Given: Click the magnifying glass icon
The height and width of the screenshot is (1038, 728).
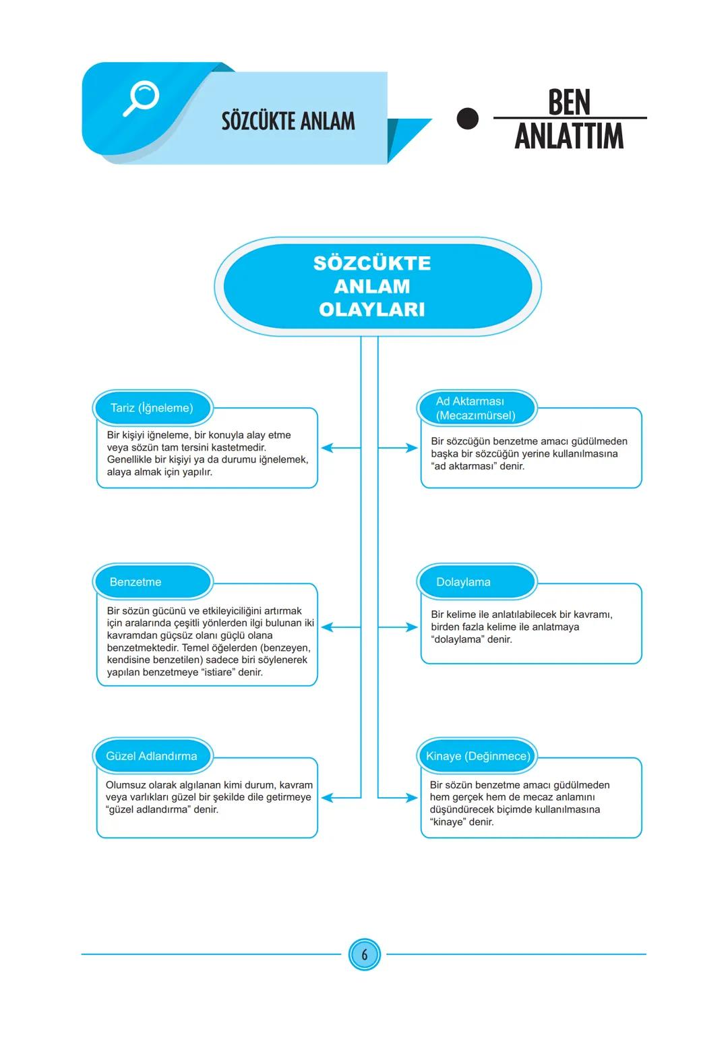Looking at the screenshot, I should click(x=142, y=98).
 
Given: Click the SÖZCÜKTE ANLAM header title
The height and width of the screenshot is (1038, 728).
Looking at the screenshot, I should click(x=288, y=121).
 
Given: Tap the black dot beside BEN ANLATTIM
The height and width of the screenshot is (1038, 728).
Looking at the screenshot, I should click(x=467, y=119).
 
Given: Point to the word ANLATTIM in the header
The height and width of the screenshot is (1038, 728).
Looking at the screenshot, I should click(x=569, y=136).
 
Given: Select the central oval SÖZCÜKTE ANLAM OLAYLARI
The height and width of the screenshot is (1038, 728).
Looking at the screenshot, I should click(x=372, y=286).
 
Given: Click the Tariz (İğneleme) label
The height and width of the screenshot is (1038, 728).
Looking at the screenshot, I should click(x=152, y=408).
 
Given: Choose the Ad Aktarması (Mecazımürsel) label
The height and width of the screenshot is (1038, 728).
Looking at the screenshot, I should click(x=476, y=408).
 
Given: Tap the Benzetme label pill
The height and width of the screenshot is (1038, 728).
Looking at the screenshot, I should click(x=152, y=582).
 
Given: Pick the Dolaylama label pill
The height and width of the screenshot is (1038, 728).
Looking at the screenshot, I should click(x=476, y=582).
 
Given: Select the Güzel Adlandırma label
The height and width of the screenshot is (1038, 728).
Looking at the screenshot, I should click(x=152, y=756).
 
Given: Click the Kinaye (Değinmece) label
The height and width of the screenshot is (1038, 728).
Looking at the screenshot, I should click(x=478, y=756).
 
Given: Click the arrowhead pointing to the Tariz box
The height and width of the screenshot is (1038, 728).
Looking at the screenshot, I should click(x=327, y=448).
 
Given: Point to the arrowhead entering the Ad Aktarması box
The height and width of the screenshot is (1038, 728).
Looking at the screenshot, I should click(x=412, y=448).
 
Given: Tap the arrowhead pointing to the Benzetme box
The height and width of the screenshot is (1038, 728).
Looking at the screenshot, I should click(x=327, y=627).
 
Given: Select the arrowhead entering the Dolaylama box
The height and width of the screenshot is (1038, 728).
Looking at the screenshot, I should click(x=412, y=627).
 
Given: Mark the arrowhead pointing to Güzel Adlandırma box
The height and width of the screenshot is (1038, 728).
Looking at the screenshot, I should click(x=327, y=798).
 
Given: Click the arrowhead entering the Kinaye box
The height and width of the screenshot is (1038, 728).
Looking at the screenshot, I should click(x=412, y=798).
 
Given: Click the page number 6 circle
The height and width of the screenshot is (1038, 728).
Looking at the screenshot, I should click(x=365, y=955).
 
